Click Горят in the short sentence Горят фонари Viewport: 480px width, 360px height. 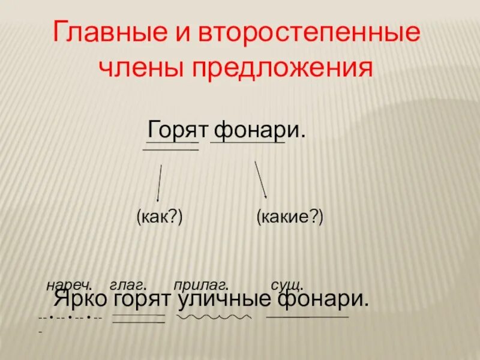(178, 129)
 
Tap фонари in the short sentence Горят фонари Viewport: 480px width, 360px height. (256, 129)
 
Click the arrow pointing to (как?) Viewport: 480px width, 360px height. (160, 183)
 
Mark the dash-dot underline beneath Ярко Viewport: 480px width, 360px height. (70, 317)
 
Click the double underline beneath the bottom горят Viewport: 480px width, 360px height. (139, 319)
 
